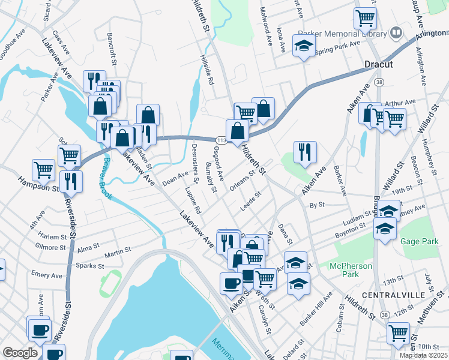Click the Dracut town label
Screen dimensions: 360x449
(378, 64)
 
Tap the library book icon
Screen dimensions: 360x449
(396, 32)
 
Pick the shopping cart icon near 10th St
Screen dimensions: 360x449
(399, 332)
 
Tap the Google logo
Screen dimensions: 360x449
(20, 353)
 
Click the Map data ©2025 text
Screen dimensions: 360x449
(423, 355)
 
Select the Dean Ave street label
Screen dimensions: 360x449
(175, 176)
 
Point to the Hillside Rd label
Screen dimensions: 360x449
(207, 71)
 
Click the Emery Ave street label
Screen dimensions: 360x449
(47, 275)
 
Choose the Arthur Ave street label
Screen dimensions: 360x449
(401, 103)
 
